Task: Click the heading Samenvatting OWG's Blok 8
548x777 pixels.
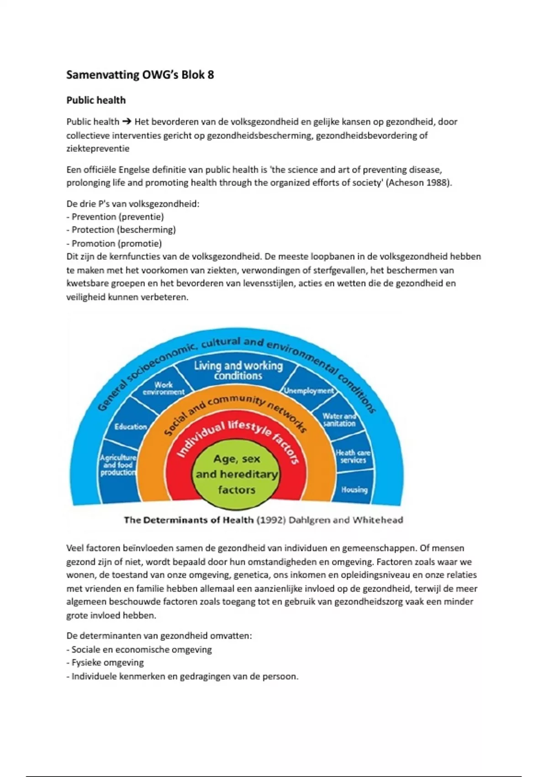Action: (x=140, y=75)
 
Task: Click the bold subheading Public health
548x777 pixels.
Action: (x=96, y=100)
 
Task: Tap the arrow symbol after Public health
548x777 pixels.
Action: (x=127, y=122)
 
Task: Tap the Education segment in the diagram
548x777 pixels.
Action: (x=131, y=426)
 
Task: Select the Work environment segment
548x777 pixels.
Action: (x=163, y=388)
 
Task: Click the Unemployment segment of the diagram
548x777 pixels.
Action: (x=309, y=391)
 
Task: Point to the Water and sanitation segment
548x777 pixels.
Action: (x=339, y=420)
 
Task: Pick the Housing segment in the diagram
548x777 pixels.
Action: (x=354, y=490)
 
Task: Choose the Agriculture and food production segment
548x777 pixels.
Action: (x=118, y=465)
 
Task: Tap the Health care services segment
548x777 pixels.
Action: (x=353, y=456)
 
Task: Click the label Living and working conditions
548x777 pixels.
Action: (x=238, y=370)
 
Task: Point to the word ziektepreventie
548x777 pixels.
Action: (x=98, y=149)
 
